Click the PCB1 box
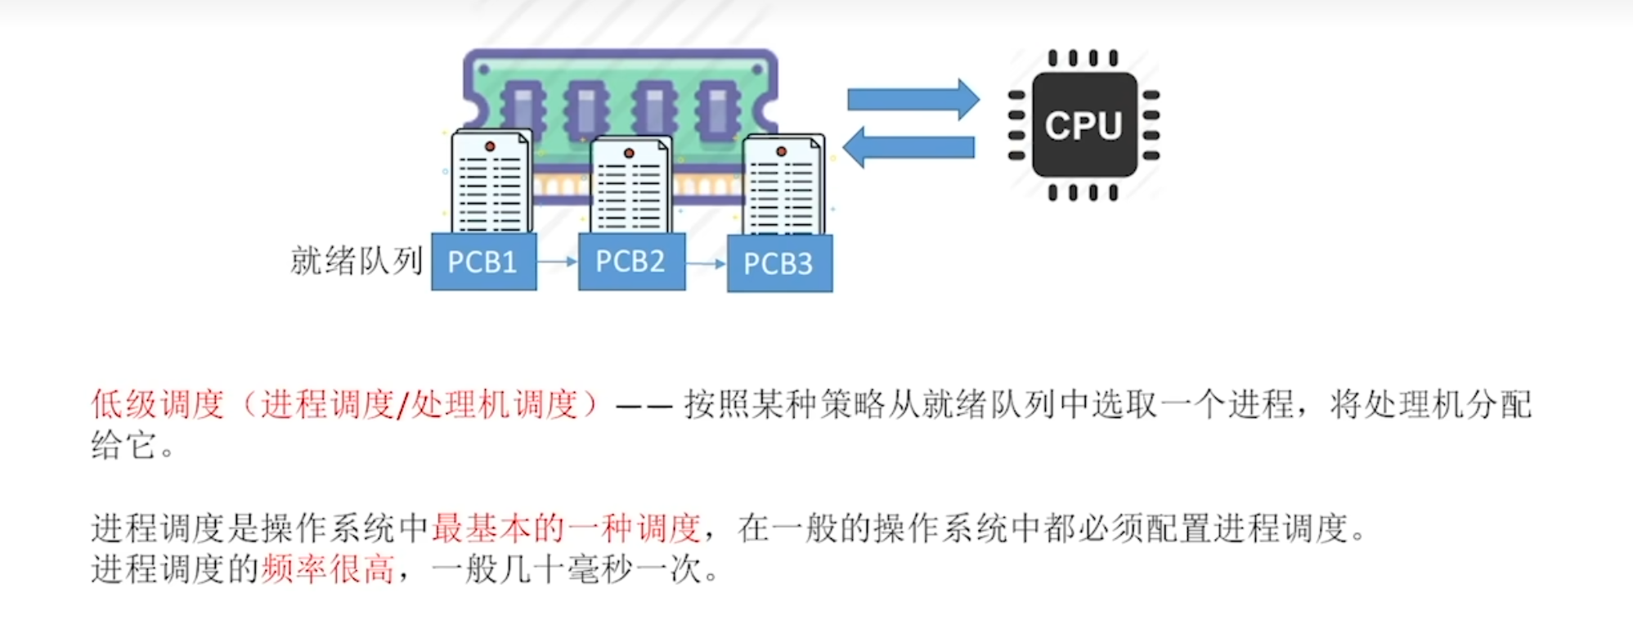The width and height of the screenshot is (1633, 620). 483,262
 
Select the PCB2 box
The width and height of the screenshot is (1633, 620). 631,261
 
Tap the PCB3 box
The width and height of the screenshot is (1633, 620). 779,263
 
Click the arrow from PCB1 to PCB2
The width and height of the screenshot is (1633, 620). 557,262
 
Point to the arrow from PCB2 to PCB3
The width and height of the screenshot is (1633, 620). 706,263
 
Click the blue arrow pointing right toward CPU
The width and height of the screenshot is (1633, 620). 912,100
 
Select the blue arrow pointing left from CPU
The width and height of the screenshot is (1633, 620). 909,147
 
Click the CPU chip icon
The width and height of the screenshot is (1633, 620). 1083,125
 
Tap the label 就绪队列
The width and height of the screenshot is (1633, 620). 356,261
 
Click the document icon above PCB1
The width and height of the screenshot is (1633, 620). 491,182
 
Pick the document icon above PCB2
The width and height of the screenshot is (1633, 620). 630,184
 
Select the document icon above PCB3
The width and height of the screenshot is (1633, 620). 783,185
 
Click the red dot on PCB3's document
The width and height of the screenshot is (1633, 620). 781,151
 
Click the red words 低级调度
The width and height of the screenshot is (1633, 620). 157,404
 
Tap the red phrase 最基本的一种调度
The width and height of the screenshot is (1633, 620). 566,528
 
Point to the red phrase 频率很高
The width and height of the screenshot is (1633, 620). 328,569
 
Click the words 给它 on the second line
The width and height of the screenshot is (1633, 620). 123,446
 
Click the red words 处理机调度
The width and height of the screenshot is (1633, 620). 494,404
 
